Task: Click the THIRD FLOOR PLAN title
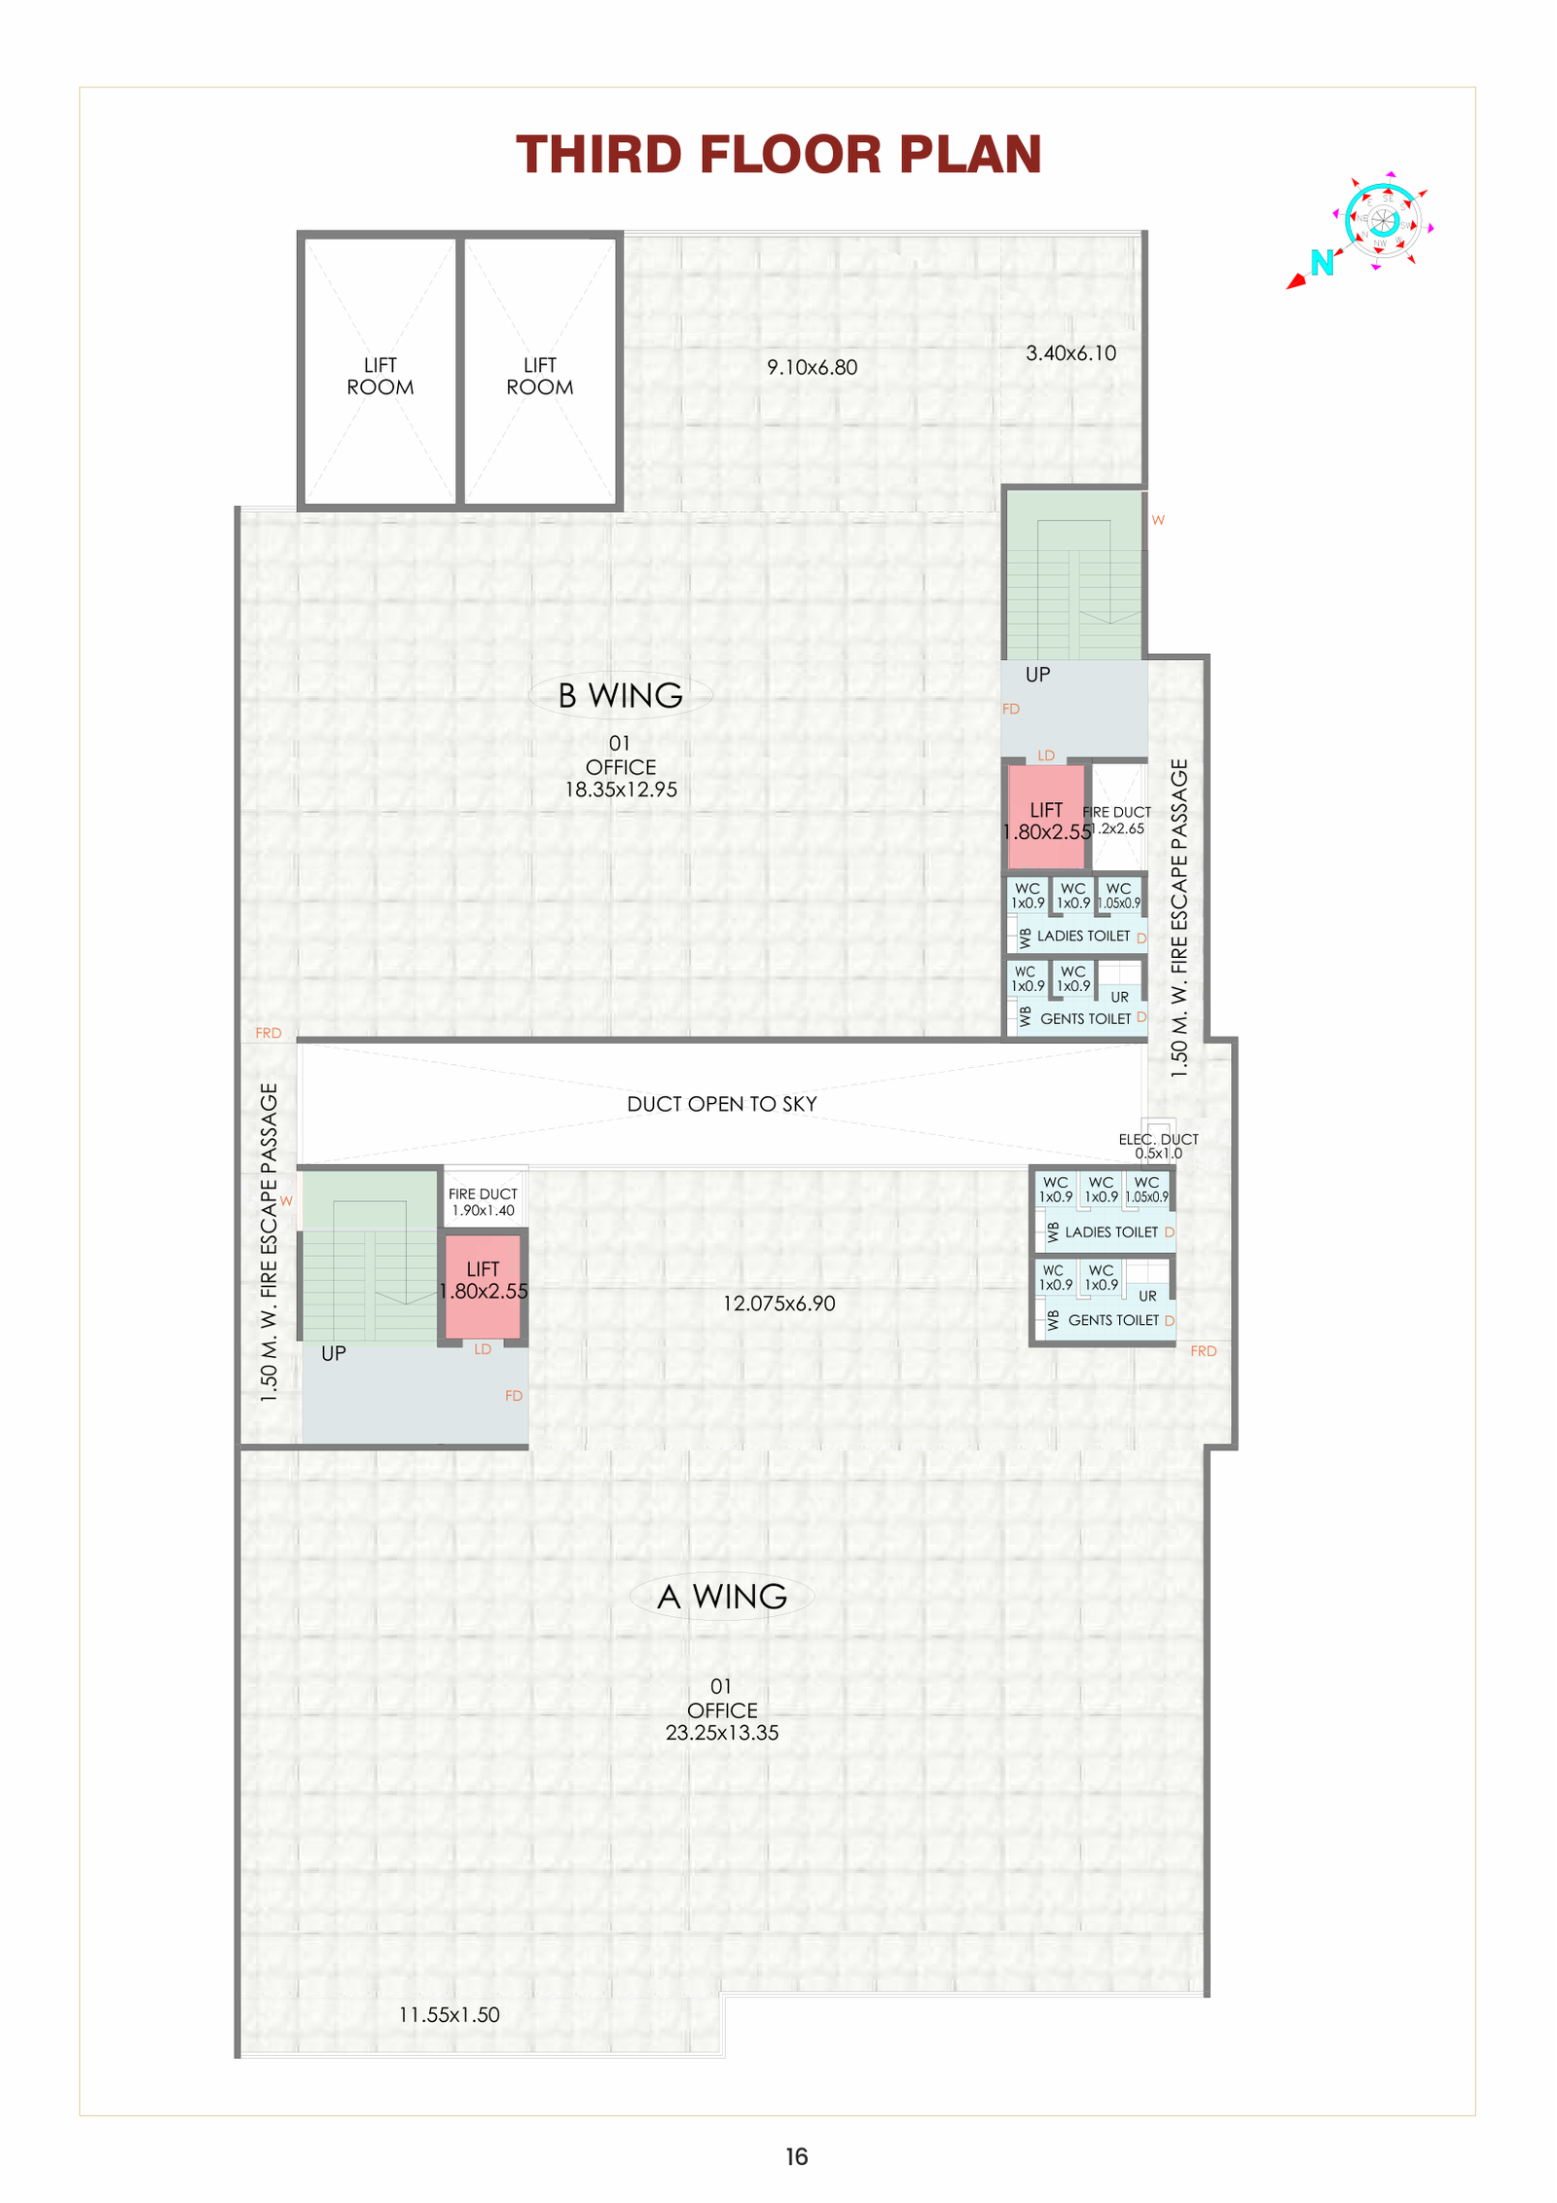pos(778,155)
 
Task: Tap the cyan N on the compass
pos(1321,263)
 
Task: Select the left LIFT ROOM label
pos(380,376)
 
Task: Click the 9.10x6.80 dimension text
pos(812,368)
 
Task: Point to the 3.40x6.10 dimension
pos(1070,353)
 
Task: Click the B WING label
pos(620,695)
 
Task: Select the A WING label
pos(721,1597)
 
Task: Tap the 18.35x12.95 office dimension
pos(621,789)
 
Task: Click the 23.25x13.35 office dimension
pos(721,1733)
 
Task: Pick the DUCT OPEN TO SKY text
pos(721,1104)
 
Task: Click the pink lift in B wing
pos(1045,818)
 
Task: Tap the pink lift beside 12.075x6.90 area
pos(483,1285)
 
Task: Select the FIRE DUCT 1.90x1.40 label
pos(483,1202)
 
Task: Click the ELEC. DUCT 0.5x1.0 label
pos(1158,1146)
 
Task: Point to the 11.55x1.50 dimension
pos(449,2015)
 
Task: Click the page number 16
pos(796,2157)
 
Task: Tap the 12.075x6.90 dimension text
pos(778,1303)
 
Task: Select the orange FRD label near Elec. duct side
pos(1203,1351)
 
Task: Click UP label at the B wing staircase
pos(1037,675)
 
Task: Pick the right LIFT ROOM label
pos(539,376)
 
